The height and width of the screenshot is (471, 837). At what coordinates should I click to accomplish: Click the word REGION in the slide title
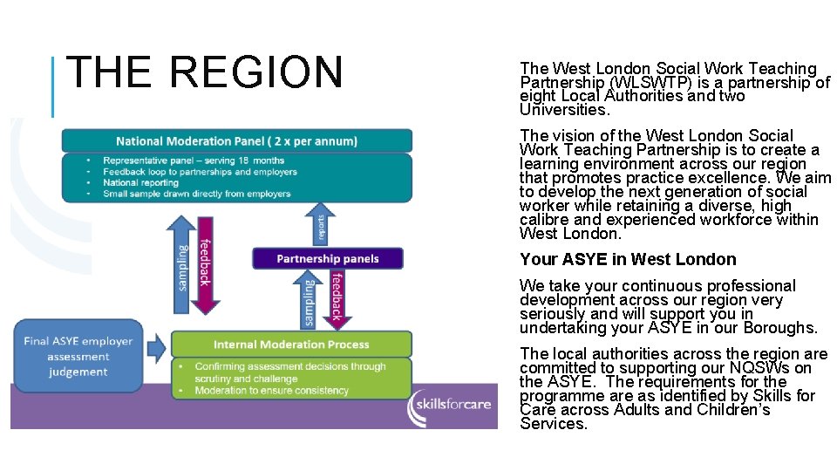coord(257,72)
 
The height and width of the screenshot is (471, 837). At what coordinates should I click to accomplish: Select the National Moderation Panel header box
coord(236,141)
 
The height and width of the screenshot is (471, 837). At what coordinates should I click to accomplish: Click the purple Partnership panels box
coord(328,258)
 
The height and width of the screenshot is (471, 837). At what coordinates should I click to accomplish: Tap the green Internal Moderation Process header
coord(291,345)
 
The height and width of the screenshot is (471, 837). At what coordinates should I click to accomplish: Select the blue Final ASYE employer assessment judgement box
coord(78,357)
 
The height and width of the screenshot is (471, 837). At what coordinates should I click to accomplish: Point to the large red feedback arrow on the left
coord(204,262)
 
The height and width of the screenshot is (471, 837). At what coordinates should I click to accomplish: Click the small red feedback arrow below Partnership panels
coord(336,297)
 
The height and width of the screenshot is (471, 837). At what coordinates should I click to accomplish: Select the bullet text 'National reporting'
coord(140,183)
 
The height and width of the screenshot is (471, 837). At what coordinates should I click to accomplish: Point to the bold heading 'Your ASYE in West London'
coord(628,259)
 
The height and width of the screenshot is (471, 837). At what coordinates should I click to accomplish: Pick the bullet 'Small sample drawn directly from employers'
coord(196,194)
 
